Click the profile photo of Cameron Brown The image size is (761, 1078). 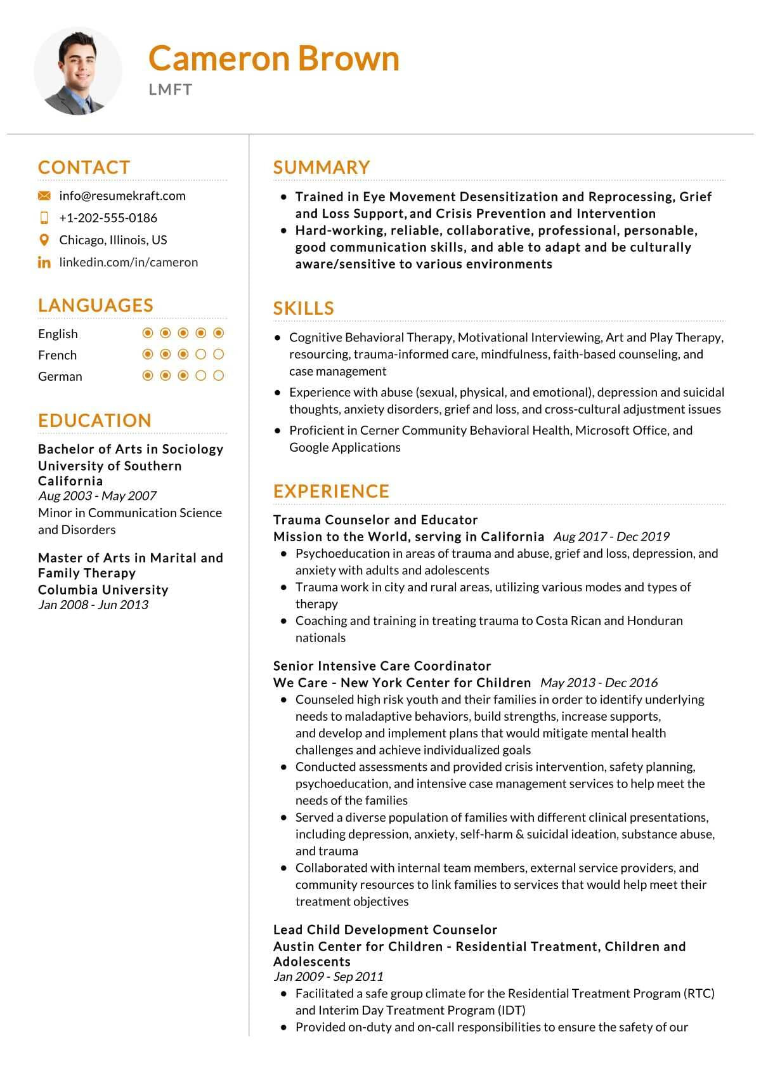pos(78,71)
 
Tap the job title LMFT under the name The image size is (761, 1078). pos(170,89)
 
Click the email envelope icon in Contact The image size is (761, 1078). pos(44,196)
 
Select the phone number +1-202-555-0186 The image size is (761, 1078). pos(108,218)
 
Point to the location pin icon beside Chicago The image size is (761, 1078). pos(44,240)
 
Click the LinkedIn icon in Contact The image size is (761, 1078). pos(44,262)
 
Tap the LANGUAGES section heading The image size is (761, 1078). pos(95,305)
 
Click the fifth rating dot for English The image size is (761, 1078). pos(219,333)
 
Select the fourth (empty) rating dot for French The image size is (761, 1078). pos(201,355)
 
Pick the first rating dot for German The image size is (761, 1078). pos(148,376)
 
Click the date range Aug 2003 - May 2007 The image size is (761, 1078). pos(97,496)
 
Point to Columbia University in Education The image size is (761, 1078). pos(103,589)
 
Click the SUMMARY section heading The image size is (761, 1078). pos(322,168)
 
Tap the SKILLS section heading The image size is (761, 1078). pos(303,308)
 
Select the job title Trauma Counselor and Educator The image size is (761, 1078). pos(375,520)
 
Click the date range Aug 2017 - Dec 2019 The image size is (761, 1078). pos(611,537)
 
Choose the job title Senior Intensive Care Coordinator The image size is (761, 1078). pos(382,666)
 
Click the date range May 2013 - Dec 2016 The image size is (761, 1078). pos(599,683)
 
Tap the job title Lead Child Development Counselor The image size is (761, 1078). pos(385,930)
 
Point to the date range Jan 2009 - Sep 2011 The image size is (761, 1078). pos(328,976)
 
